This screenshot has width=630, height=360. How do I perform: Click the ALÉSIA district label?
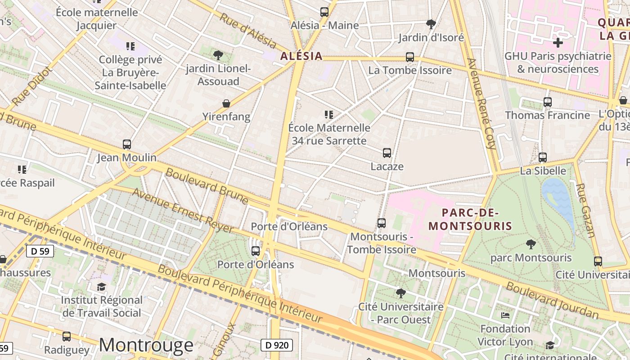tap(301, 56)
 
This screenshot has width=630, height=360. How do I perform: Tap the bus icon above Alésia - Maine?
tap(324, 12)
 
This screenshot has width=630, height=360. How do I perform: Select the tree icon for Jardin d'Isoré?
tap(431, 24)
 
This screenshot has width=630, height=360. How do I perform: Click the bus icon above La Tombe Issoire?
tap(409, 57)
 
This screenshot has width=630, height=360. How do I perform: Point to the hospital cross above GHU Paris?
tap(558, 43)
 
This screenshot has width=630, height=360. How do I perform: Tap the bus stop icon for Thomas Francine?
tap(547, 102)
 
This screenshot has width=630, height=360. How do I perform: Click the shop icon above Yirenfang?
tap(226, 104)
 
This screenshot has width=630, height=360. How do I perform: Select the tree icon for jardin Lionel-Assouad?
tap(218, 55)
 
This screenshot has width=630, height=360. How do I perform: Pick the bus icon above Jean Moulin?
tap(127, 144)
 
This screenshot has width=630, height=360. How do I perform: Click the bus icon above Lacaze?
tap(387, 153)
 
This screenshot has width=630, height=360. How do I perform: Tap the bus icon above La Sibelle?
tap(543, 157)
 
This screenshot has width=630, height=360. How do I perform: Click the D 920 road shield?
tap(277, 345)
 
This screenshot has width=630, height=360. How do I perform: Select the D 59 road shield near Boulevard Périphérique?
tap(40, 251)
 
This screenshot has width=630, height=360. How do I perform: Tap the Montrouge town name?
tap(146, 345)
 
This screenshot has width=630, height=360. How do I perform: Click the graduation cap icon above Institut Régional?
tap(102, 287)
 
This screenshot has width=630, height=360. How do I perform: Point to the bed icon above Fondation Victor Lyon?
tap(505, 315)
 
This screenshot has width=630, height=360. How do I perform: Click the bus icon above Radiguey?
tap(67, 336)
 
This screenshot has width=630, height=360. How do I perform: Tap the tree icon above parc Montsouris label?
tap(531, 245)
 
